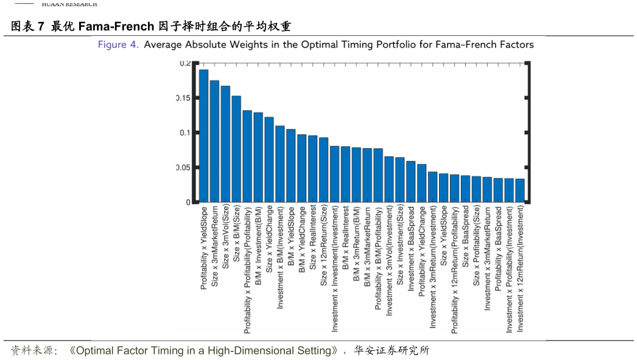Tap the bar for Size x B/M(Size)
click(236, 149)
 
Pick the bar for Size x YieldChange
click(269, 160)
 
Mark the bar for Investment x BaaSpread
click(410, 182)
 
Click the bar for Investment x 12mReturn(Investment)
click(519, 191)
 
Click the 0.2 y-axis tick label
click(185, 63)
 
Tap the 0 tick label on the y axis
click(188, 202)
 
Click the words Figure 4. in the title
click(118, 44)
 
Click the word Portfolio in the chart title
click(372, 44)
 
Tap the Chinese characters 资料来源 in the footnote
click(33, 351)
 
